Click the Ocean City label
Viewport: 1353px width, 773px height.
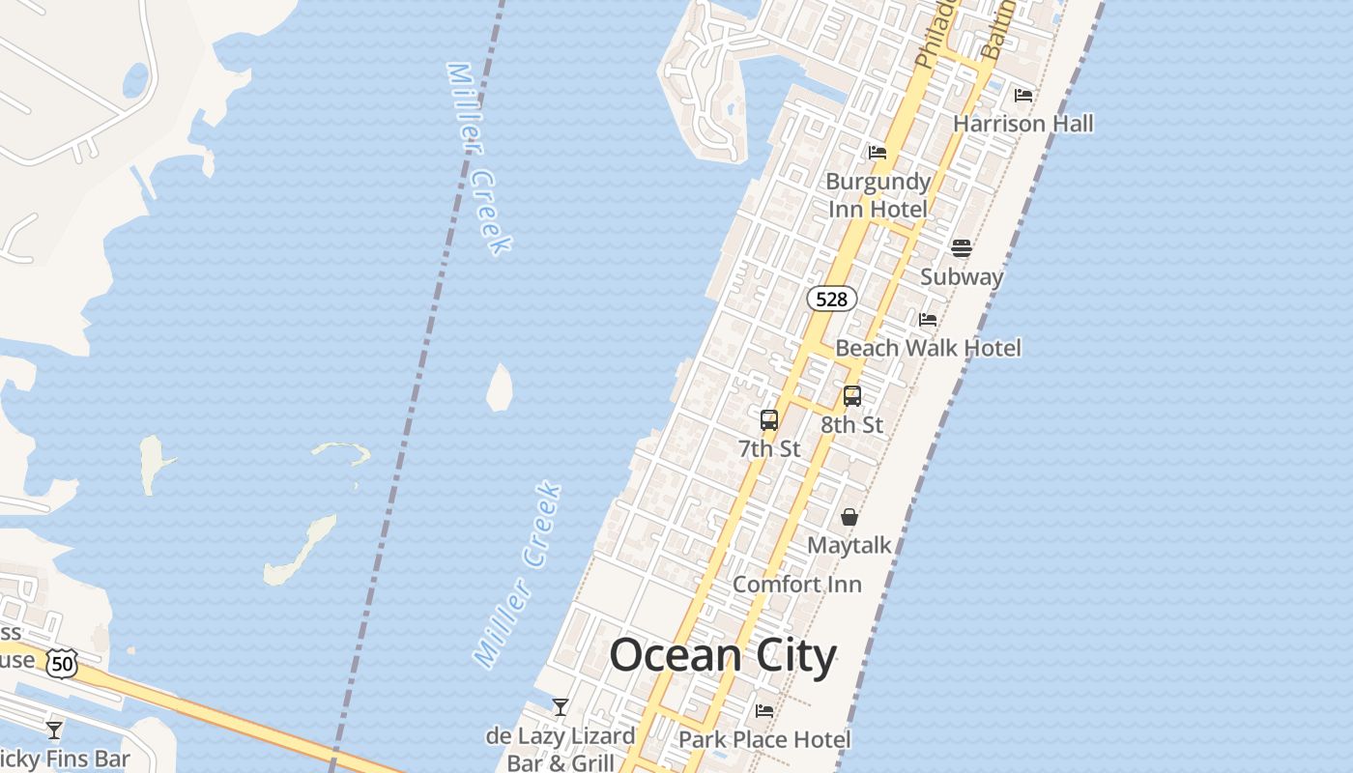722,656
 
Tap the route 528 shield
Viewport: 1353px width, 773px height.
831,299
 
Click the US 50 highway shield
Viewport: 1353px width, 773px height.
63,663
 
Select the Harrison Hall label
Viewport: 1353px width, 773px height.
1022,124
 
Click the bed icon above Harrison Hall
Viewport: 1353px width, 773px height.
1022,95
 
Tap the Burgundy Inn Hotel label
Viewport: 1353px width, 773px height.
877,195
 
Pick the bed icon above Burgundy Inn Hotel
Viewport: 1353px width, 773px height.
877,152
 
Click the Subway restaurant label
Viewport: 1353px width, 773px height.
961,276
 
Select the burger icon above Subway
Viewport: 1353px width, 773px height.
961,248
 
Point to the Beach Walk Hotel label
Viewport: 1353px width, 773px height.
928,348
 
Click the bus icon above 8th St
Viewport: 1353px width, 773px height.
851,396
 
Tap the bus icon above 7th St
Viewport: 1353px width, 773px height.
769,420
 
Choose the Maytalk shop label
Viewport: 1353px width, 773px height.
849,545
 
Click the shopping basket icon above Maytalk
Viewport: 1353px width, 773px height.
849,518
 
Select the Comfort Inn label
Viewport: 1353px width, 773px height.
796,585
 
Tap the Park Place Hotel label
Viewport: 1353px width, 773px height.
764,740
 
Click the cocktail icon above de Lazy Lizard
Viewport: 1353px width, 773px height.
560,707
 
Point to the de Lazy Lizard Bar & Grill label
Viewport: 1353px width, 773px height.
561,749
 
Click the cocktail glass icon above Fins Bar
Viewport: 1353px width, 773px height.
54,730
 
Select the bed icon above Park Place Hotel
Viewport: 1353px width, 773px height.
764,711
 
